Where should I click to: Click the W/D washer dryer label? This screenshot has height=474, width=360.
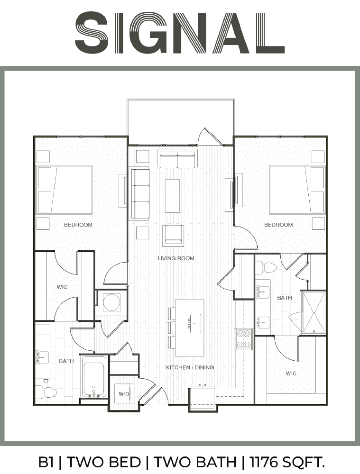(x=124, y=394)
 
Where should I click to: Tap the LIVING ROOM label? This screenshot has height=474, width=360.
(x=176, y=258)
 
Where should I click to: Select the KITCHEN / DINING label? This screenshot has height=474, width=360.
(x=190, y=367)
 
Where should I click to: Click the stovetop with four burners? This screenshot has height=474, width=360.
(x=244, y=339)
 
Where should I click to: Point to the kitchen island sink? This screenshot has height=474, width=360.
(x=195, y=323)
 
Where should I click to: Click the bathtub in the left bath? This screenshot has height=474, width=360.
(x=94, y=376)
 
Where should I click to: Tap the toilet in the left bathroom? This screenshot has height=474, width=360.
(x=46, y=392)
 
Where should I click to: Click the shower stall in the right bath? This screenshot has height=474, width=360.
(x=314, y=312)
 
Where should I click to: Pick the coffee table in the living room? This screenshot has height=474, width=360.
(x=172, y=196)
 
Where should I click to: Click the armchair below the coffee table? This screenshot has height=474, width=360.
(x=173, y=235)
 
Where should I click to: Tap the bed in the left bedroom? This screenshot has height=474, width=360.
(x=64, y=190)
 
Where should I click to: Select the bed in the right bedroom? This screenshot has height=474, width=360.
(x=297, y=190)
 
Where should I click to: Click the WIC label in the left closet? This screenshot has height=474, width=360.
(x=62, y=287)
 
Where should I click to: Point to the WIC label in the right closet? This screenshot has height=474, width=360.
(x=291, y=374)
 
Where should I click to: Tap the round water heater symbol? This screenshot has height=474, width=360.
(x=111, y=302)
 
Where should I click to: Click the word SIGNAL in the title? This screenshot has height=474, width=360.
(x=180, y=33)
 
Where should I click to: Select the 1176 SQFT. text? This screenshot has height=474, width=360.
(x=287, y=462)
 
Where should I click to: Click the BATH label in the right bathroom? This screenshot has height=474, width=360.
(x=285, y=298)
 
